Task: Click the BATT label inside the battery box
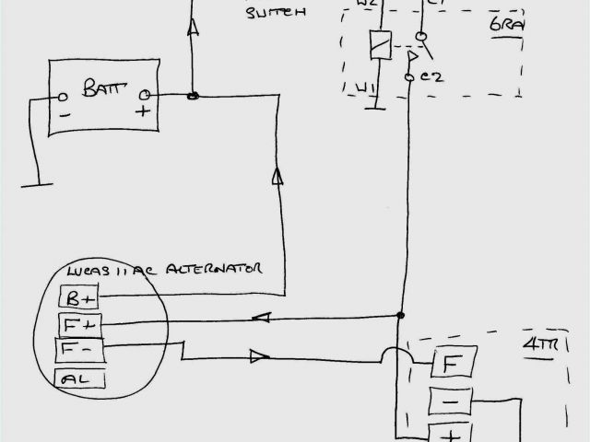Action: [x=101, y=88]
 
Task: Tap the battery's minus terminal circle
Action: [x=64, y=97]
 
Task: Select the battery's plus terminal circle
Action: [x=145, y=95]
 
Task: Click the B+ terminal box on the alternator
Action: [x=77, y=298]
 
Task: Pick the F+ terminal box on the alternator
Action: [x=77, y=324]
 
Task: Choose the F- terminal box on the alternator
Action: [x=77, y=350]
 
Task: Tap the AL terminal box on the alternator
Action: [x=80, y=378]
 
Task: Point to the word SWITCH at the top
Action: [x=276, y=13]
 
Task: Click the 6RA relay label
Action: [x=506, y=25]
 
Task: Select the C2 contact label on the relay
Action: [x=430, y=77]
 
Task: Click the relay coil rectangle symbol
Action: [x=376, y=45]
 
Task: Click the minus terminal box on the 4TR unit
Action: [x=453, y=401]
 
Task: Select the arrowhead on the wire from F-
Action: [x=259, y=355]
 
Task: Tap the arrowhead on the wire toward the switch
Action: [x=194, y=30]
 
